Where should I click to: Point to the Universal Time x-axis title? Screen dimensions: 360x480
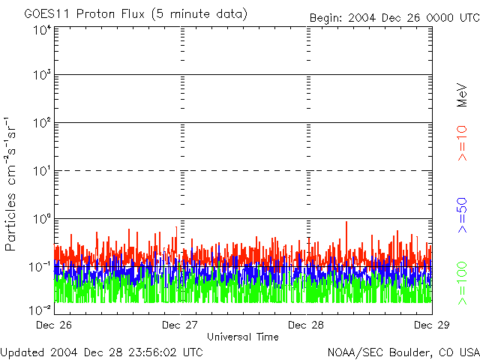(242, 337)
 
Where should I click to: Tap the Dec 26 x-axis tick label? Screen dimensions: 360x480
(55, 325)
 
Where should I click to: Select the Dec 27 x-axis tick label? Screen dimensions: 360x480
(180, 325)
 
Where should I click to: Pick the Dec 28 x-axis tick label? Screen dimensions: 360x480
(306, 325)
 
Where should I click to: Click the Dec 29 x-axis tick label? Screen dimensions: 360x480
(431, 325)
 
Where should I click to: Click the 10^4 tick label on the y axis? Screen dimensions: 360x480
(42, 30)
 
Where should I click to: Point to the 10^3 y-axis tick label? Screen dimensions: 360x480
(42, 75)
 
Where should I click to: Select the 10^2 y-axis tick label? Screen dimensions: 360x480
(42, 123)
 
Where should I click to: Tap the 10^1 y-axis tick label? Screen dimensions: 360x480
(42, 171)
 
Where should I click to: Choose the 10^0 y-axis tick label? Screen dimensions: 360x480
(42, 219)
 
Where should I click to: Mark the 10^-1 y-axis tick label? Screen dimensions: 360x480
(40, 266)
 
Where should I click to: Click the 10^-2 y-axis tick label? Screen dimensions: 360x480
(40, 309)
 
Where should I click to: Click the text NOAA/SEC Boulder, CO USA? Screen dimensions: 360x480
(403, 352)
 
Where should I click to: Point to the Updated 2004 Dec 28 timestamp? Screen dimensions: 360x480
(101, 352)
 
